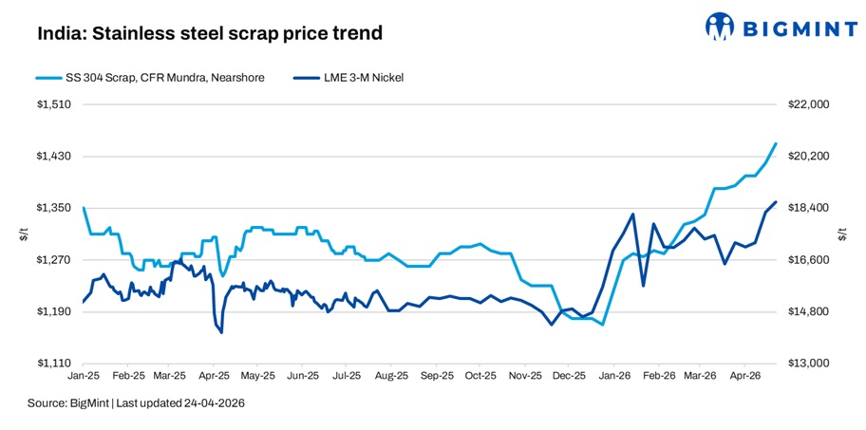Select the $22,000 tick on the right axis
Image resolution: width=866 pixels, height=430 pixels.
click(x=809, y=104)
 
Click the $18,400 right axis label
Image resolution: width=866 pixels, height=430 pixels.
click(x=809, y=208)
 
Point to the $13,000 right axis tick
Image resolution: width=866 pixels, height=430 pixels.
click(x=809, y=364)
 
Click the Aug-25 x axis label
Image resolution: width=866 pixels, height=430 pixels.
click(x=391, y=378)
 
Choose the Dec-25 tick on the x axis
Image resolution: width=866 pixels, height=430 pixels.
click(x=568, y=378)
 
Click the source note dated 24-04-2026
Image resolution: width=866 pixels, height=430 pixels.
click(x=136, y=403)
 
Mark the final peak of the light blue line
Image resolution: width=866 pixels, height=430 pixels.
click(x=776, y=144)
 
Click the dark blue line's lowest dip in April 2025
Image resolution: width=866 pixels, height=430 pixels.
click(x=221, y=332)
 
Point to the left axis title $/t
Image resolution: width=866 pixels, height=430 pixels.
click(x=22, y=234)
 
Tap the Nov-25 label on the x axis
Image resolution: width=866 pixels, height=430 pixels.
click(x=524, y=378)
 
